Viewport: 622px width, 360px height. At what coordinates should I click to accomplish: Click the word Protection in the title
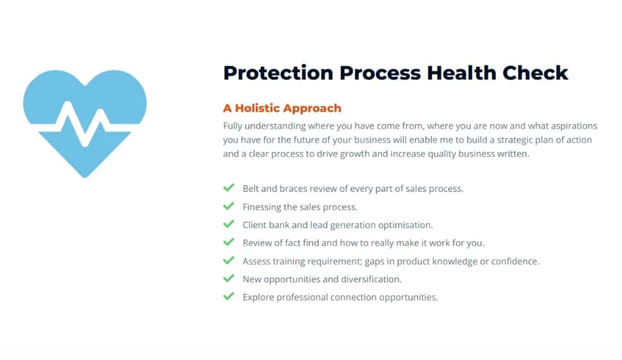278,73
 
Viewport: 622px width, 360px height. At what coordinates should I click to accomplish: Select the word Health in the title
462,73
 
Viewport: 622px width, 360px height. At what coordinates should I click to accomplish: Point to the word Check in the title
535,73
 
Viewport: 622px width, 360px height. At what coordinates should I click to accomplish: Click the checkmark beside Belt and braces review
229,188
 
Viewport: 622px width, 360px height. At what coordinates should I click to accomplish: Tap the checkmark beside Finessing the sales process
229,206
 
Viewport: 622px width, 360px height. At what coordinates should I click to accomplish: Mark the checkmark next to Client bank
229,224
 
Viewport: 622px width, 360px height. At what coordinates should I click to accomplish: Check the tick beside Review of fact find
229,242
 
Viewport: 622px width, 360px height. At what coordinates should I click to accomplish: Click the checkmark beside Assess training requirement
229,260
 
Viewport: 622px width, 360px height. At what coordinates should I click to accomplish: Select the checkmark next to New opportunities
229,278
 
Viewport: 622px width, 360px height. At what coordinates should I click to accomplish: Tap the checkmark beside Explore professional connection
229,296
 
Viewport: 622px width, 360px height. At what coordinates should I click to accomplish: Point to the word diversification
371,279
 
